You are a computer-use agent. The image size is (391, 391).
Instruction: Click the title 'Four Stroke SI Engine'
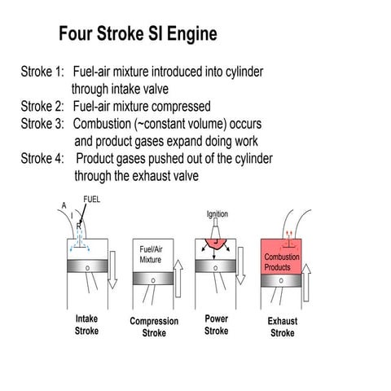tap(138, 35)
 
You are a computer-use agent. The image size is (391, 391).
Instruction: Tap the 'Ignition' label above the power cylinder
tap(217, 214)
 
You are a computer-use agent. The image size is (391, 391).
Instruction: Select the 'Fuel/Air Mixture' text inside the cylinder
tap(151, 255)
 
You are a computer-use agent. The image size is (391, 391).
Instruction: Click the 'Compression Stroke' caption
tap(154, 327)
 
